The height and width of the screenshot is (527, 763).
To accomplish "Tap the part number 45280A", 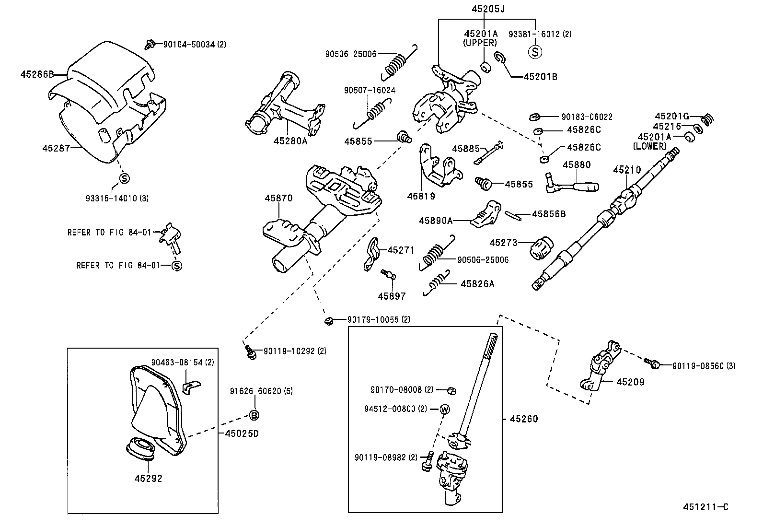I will [x=290, y=141].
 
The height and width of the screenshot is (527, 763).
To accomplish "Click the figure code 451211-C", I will [x=706, y=507].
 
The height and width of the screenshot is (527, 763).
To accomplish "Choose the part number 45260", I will [x=524, y=419].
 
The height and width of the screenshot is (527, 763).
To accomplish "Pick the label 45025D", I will [x=242, y=433].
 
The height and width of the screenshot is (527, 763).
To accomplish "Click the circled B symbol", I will [x=254, y=415].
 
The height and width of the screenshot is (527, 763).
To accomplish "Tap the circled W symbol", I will [x=444, y=409].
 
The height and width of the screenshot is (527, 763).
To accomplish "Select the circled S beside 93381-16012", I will [x=534, y=51].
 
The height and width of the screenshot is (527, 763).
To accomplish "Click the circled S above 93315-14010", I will [x=123, y=178].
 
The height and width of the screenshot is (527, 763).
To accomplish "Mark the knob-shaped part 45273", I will [x=542, y=247].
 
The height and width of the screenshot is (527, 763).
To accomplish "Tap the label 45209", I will [x=630, y=382].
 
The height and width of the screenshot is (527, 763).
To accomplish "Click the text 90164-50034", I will [x=189, y=44].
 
